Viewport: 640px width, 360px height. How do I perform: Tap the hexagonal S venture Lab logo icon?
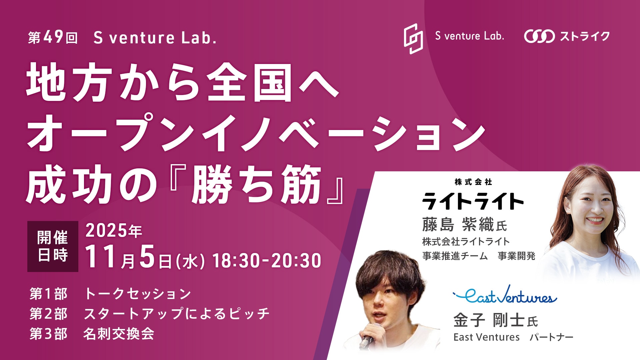pos(413,38)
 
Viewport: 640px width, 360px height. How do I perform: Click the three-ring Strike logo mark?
pos(539,36)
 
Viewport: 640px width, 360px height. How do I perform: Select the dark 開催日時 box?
pos(53,246)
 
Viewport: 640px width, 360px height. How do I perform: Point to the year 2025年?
pos(114,231)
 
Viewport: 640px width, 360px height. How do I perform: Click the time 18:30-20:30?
pos(267,261)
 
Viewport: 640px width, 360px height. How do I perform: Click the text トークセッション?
pos(138,294)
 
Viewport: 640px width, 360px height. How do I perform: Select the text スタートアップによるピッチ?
pos(177,314)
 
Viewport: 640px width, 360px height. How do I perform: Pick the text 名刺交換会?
pos(119,334)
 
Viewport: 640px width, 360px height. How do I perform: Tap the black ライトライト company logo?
pos(473,201)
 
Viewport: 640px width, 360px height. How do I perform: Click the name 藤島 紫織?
pos(458,224)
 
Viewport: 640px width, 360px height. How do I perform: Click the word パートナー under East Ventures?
pos(552,337)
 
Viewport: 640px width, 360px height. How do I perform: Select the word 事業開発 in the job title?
pos(516,256)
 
